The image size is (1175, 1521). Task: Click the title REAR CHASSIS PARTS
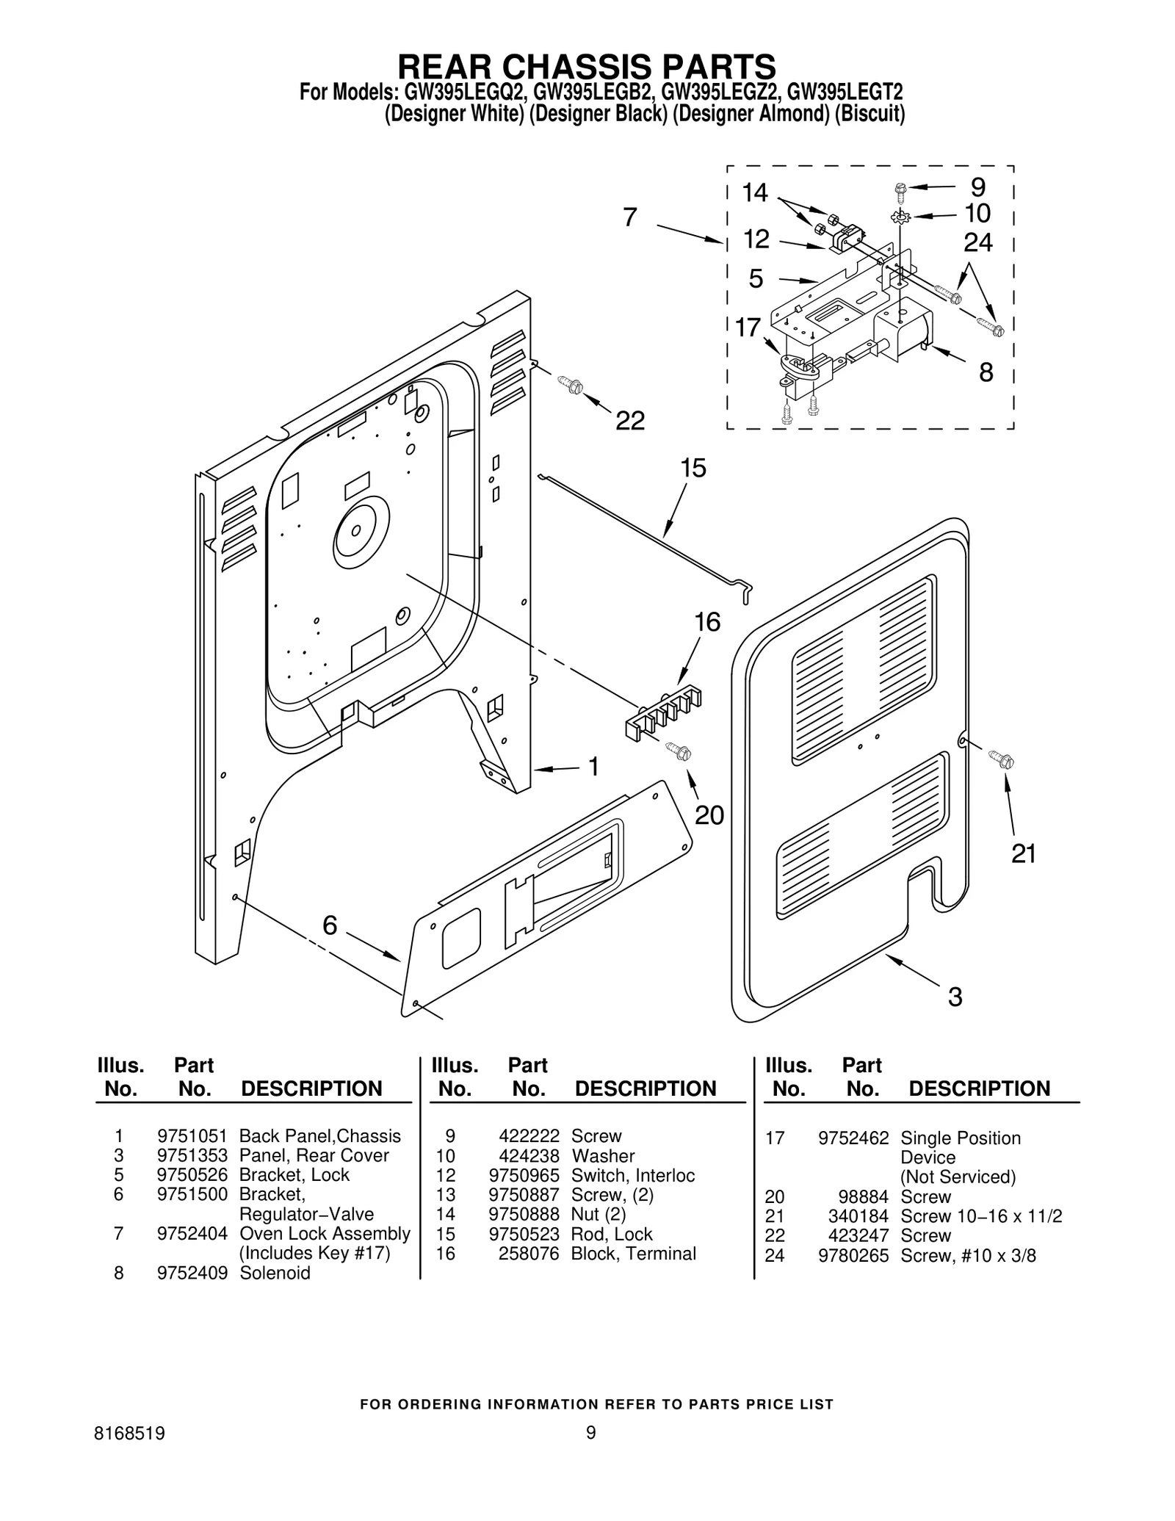586,66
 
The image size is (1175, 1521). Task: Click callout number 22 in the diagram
629,421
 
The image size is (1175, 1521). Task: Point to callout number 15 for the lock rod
693,468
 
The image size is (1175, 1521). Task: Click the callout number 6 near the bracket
330,925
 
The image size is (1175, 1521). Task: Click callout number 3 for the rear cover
955,997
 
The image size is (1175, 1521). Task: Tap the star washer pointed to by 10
900,217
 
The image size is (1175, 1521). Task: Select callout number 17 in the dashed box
748,327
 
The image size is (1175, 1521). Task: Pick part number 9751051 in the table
192,1136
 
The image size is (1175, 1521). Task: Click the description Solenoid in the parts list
275,1273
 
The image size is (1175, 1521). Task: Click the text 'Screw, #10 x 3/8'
968,1255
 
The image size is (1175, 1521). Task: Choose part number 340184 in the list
858,1216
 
